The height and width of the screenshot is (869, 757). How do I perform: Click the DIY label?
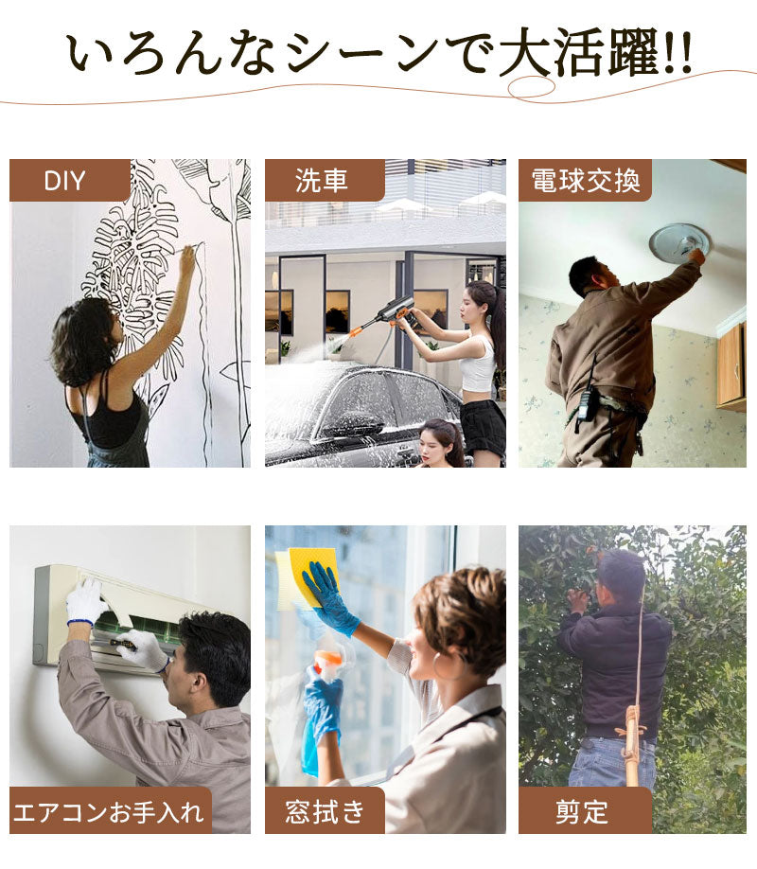pos(65,181)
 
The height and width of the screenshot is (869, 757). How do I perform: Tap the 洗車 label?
pos(321,181)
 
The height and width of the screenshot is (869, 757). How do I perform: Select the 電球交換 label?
pos(585,181)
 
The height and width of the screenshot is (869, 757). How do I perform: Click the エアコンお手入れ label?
pos(109,812)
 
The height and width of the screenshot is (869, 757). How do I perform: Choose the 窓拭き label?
pos(325,812)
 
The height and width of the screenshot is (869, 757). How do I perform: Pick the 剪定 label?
pos(582,812)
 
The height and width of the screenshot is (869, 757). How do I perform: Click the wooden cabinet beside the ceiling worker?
pos(731,365)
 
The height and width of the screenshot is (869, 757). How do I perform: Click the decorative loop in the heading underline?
pos(531,88)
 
